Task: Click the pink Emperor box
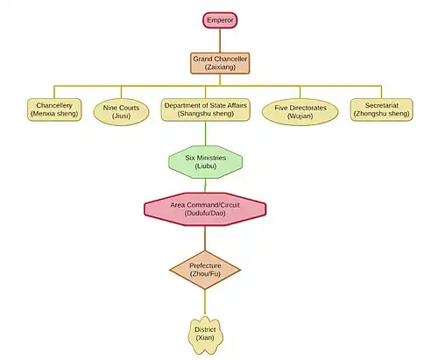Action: click(220, 20)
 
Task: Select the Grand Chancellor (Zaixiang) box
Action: click(220, 63)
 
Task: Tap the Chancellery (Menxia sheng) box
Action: click(54, 109)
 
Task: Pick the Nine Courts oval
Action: click(121, 112)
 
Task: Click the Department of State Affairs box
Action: click(206, 109)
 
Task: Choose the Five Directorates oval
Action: click(300, 112)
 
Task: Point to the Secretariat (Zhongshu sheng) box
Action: click(382, 109)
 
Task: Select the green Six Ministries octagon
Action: click(205, 162)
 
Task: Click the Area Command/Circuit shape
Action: click(205, 209)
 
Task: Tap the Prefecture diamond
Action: click(205, 270)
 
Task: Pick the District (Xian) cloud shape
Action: click(205, 335)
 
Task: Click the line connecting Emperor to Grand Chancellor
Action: click(220, 40)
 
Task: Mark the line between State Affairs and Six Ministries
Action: click(206, 133)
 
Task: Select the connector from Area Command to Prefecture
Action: click(205, 238)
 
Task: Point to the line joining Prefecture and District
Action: click(205, 303)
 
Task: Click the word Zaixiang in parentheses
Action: click(220, 67)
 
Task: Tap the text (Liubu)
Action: click(205, 166)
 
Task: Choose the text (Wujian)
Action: click(300, 116)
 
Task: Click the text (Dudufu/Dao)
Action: click(205, 213)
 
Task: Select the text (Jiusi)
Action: click(121, 116)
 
